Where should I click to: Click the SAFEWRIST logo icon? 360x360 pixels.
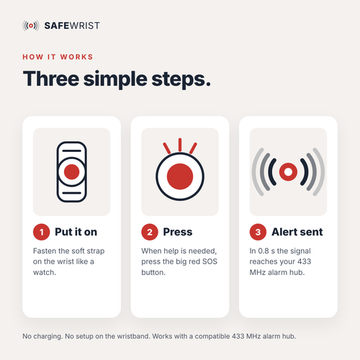pos(31,26)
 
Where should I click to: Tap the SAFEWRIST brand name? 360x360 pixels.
pos(72,26)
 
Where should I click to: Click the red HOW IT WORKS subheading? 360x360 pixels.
pos(58,57)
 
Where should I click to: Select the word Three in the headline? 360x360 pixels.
pos(51,78)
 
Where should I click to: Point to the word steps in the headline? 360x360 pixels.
pos(181,80)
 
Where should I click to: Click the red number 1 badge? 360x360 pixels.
pos(41,232)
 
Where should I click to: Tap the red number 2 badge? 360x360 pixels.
pos(150,232)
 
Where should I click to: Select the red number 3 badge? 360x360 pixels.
pos(258,232)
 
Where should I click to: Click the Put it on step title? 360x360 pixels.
pos(76,232)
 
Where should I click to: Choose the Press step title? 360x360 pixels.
pos(178,232)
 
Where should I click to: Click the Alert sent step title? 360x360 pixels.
pos(297,232)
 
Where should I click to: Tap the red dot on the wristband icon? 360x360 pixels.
pos(72,172)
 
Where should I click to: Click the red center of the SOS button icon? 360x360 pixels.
pos(180,176)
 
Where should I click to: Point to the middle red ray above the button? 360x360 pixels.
pos(180,145)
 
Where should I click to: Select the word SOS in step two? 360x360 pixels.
pos(210,261)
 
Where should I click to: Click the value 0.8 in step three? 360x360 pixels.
pos(264,251)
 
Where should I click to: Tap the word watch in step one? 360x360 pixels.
pos(44,272)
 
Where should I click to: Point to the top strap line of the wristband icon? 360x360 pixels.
pos(72,151)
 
